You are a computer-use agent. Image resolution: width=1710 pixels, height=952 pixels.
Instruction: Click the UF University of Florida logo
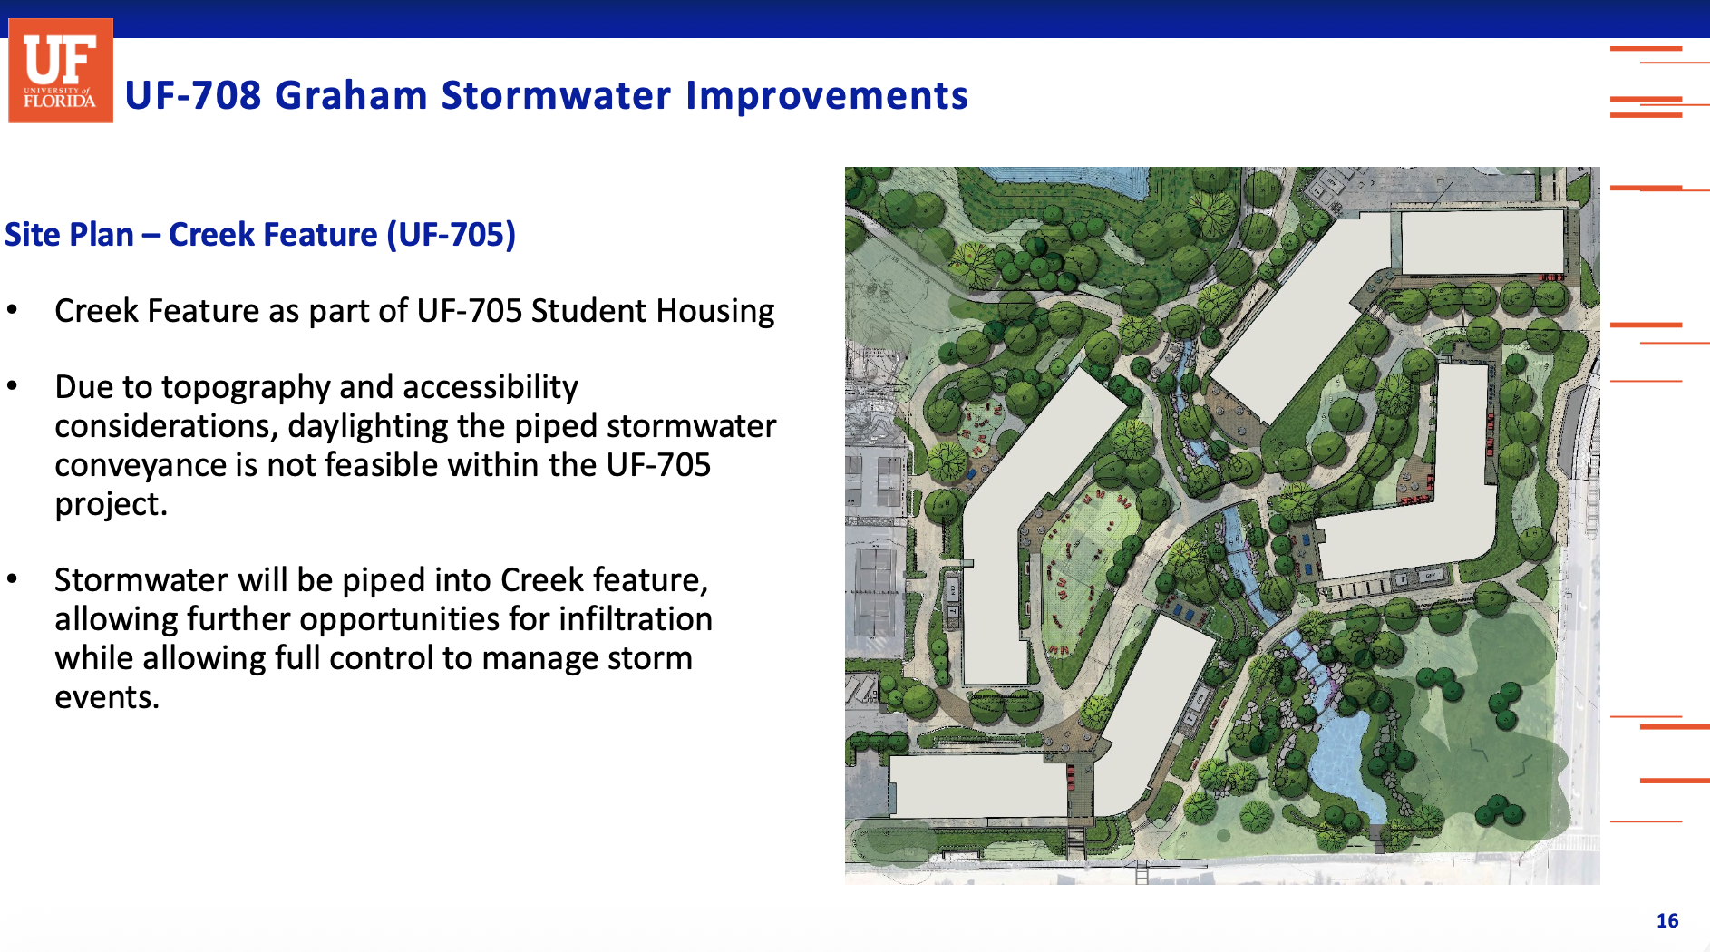tap(61, 71)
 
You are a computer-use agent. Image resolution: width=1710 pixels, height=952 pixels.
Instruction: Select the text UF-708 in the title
tap(193, 95)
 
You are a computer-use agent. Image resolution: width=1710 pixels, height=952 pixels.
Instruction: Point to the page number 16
tap(1667, 921)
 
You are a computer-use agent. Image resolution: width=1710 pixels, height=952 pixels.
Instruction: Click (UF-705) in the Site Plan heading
tap(452, 235)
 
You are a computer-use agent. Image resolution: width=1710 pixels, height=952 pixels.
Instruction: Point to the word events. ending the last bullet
tap(107, 697)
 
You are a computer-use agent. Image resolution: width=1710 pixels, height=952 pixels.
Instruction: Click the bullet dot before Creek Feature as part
tap(12, 310)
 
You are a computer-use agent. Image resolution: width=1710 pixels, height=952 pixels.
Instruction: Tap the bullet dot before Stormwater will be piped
tap(12, 579)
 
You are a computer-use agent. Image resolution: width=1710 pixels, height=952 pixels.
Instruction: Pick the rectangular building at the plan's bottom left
tap(979, 786)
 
